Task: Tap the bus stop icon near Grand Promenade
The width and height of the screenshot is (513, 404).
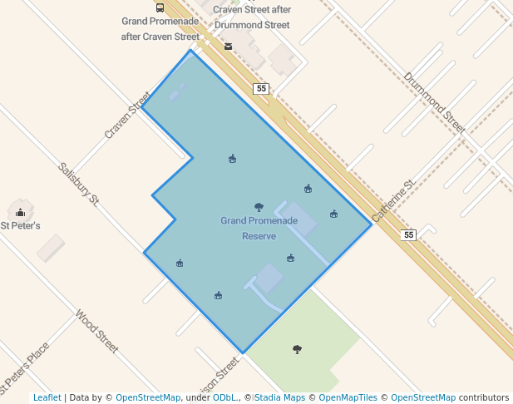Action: click(x=160, y=7)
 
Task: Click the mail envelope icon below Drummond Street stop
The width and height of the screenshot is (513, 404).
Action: click(x=228, y=47)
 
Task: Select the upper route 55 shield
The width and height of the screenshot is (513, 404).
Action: click(x=262, y=88)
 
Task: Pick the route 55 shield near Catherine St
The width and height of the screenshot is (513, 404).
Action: click(x=407, y=235)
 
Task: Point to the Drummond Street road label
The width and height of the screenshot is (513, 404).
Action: click(x=434, y=102)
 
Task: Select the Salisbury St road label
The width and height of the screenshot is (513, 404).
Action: click(x=79, y=184)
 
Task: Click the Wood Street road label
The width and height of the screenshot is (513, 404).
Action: click(x=97, y=332)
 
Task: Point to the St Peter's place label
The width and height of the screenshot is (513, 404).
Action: click(x=20, y=225)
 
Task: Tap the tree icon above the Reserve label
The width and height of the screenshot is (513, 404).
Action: click(x=259, y=207)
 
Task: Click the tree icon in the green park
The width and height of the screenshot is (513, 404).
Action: click(x=297, y=349)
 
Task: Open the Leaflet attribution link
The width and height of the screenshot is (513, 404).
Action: click(x=47, y=397)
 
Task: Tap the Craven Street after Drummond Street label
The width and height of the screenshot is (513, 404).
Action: click(x=251, y=17)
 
